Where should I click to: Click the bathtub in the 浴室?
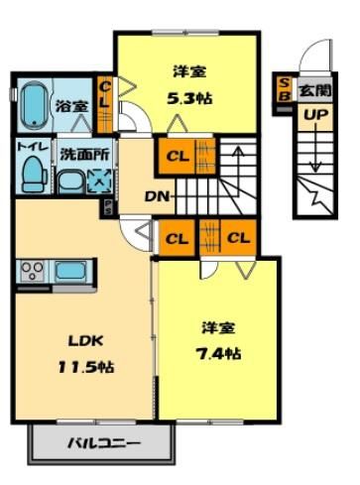[x=35, y=105]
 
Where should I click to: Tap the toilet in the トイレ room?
[x=35, y=175]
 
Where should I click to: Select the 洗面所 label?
[x=84, y=155]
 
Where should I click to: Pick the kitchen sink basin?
[x=70, y=271]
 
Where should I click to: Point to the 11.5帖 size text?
[x=86, y=367]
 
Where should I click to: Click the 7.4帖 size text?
[x=218, y=354]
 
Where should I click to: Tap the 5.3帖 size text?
[x=189, y=98]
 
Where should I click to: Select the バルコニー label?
[x=104, y=443]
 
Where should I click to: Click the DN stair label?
[x=158, y=197]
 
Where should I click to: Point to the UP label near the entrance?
[x=315, y=115]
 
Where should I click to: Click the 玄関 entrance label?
[x=315, y=90]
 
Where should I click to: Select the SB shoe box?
[x=285, y=89]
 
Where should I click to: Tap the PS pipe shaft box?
[x=108, y=207]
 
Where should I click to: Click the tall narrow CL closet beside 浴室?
[x=104, y=104]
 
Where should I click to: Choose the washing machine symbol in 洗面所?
[x=101, y=181]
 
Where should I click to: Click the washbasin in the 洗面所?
[x=71, y=182]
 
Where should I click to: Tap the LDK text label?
[x=86, y=341]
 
